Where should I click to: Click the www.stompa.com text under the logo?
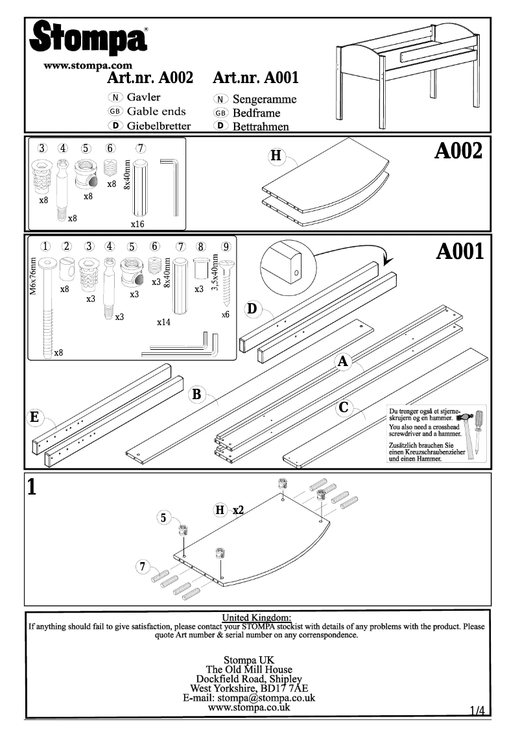pyautogui.click(x=88, y=66)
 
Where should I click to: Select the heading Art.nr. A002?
pyautogui.click(x=150, y=79)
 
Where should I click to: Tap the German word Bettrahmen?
pyautogui.click(x=261, y=127)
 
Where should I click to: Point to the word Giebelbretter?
pyautogui.click(x=159, y=126)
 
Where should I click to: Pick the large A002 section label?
pyautogui.click(x=458, y=151)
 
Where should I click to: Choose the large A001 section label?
pyautogui.click(x=460, y=252)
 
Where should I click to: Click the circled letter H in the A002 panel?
pyautogui.click(x=276, y=156)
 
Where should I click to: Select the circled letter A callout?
pyautogui.click(x=344, y=362)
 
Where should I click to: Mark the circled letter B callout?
pyautogui.click(x=198, y=394)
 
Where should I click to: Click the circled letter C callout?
pyautogui.click(x=345, y=408)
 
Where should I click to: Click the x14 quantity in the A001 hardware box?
pyautogui.click(x=163, y=322)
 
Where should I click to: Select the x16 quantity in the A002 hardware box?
pyautogui.click(x=137, y=224)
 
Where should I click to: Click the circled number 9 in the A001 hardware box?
pyautogui.click(x=226, y=246)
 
